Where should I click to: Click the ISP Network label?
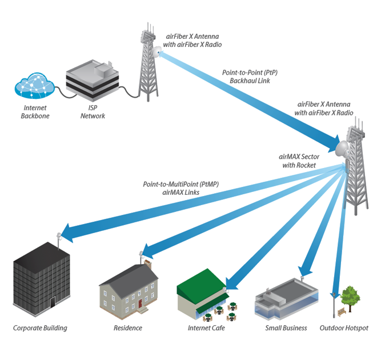(x=92, y=112)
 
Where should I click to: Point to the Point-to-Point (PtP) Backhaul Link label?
(x=246, y=78)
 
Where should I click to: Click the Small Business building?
(x=286, y=300)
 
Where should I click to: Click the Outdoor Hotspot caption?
(x=344, y=328)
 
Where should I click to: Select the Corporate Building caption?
(x=40, y=328)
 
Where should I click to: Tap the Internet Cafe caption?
(x=206, y=328)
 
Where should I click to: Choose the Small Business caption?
(x=286, y=328)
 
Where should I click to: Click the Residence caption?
(x=128, y=328)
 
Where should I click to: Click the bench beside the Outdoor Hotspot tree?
(x=341, y=312)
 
